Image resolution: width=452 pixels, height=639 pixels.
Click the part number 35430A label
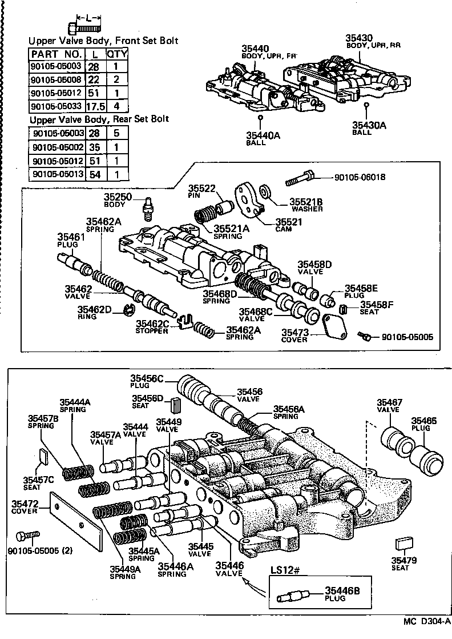pyautogui.click(x=369, y=125)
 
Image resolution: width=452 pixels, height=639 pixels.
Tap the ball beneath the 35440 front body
pyautogui.click(x=260, y=118)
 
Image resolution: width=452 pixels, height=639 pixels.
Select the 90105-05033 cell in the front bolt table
pyautogui.click(x=56, y=106)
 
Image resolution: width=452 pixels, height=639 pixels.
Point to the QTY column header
pyautogui.click(x=117, y=54)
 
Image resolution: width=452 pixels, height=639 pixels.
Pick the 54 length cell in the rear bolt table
pyautogui.click(x=94, y=174)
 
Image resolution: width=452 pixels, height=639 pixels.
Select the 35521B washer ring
pyautogui.click(x=265, y=191)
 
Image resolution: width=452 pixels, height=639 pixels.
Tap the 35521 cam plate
pyautogui.click(x=249, y=199)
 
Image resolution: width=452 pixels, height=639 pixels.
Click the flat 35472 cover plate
pyautogui.click(x=76, y=520)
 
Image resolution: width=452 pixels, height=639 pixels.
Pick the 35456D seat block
pyautogui.click(x=175, y=408)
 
